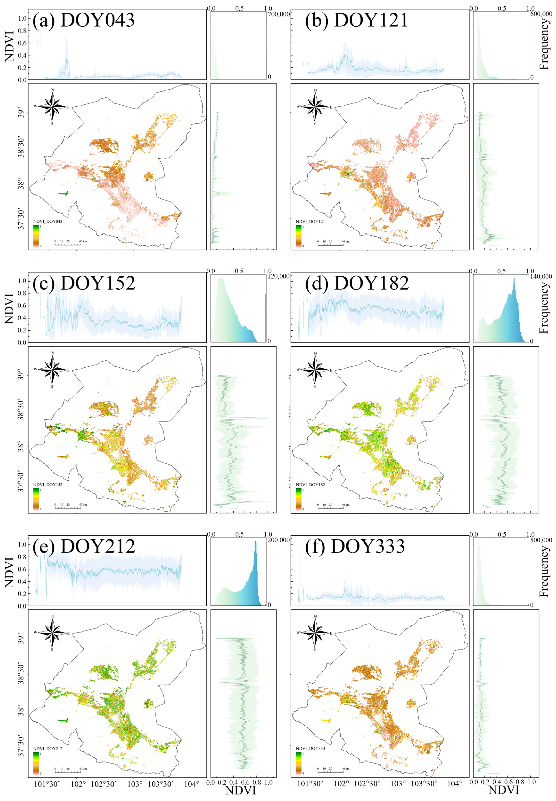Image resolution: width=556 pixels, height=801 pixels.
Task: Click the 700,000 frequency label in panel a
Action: point(279,15)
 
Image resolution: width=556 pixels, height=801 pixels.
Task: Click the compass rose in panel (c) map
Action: point(52,370)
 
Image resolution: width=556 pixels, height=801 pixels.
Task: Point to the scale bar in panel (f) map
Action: point(330,770)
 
